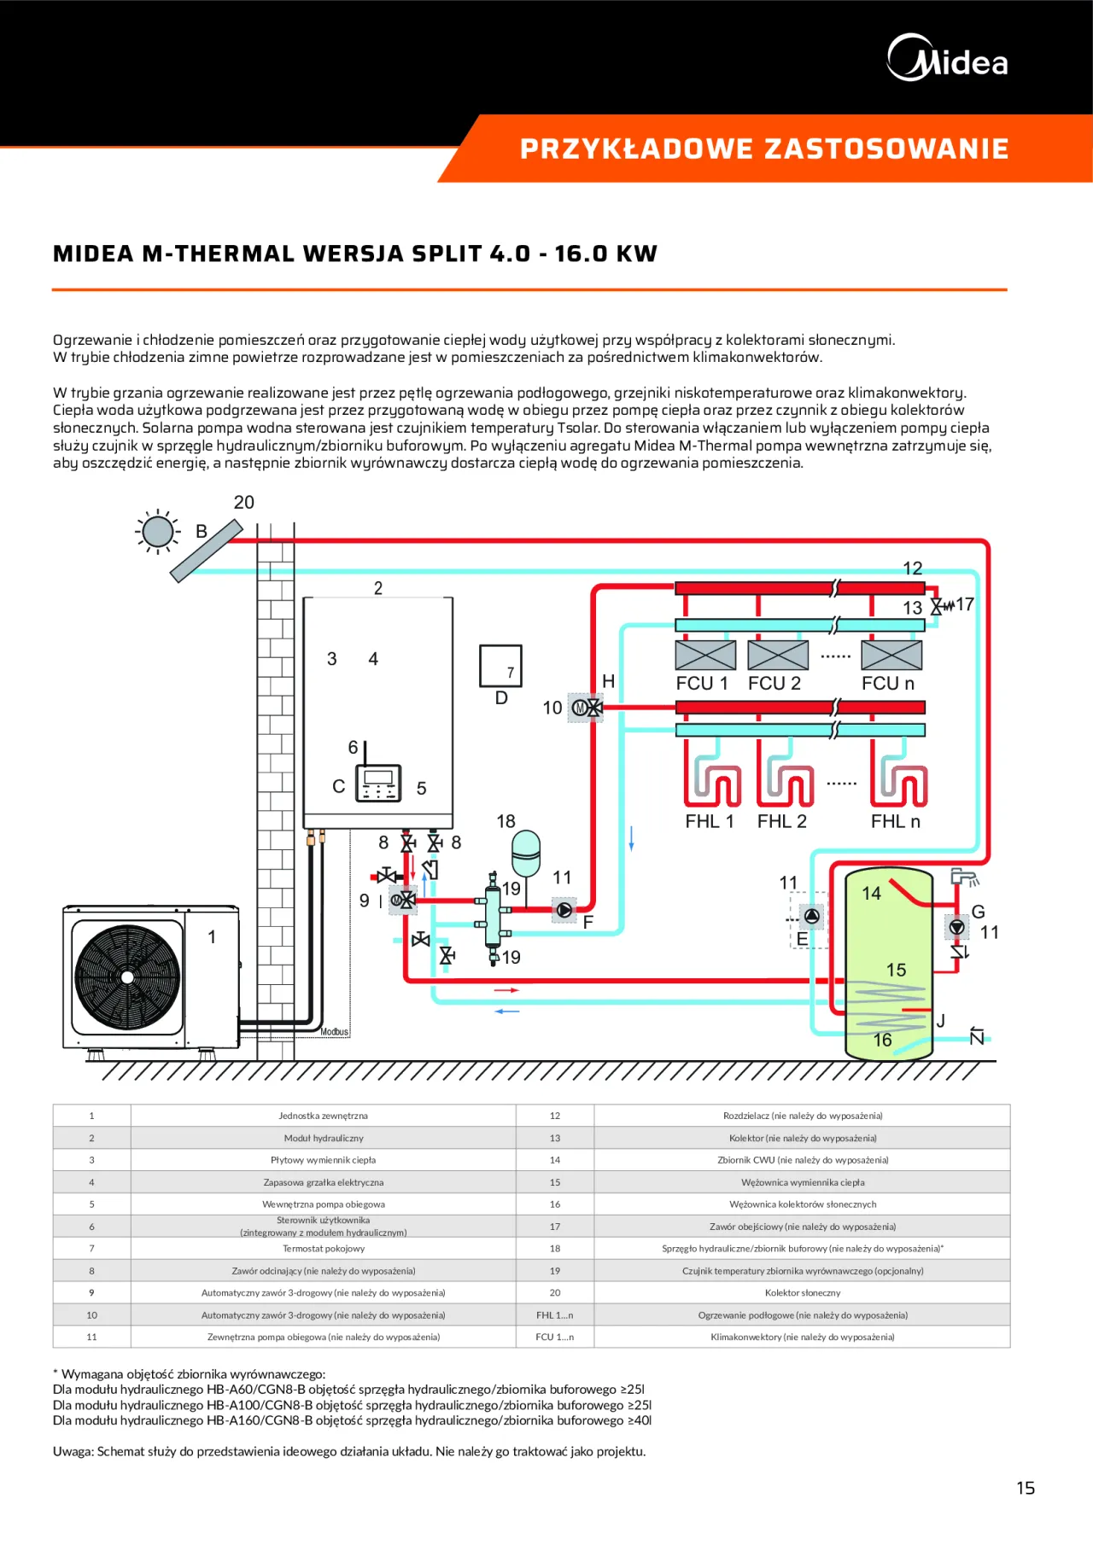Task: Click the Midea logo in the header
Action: (x=947, y=59)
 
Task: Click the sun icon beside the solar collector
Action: (x=157, y=532)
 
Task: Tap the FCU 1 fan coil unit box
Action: (x=705, y=656)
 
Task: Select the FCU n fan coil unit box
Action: (x=891, y=656)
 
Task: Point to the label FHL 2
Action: (x=781, y=821)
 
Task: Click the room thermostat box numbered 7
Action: (x=500, y=666)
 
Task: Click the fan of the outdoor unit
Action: (x=128, y=977)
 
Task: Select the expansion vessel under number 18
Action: (x=526, y=854)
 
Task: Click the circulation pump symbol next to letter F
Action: (x=564, y=910)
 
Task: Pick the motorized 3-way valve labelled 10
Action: (x=587, y=708)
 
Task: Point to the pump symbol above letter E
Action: (x=811, y=917)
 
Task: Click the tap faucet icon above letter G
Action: (x=964, y=877)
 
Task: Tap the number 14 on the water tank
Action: (x=871, y=894)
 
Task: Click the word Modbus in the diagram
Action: (x=335, y=1032)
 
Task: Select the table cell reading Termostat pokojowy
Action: (x=324, y=1249)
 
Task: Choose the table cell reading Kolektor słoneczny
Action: (x=803, y=1293)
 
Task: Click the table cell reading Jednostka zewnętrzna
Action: (x=324, y=1116)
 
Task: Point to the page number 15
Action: (x=1026, y=1489)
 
